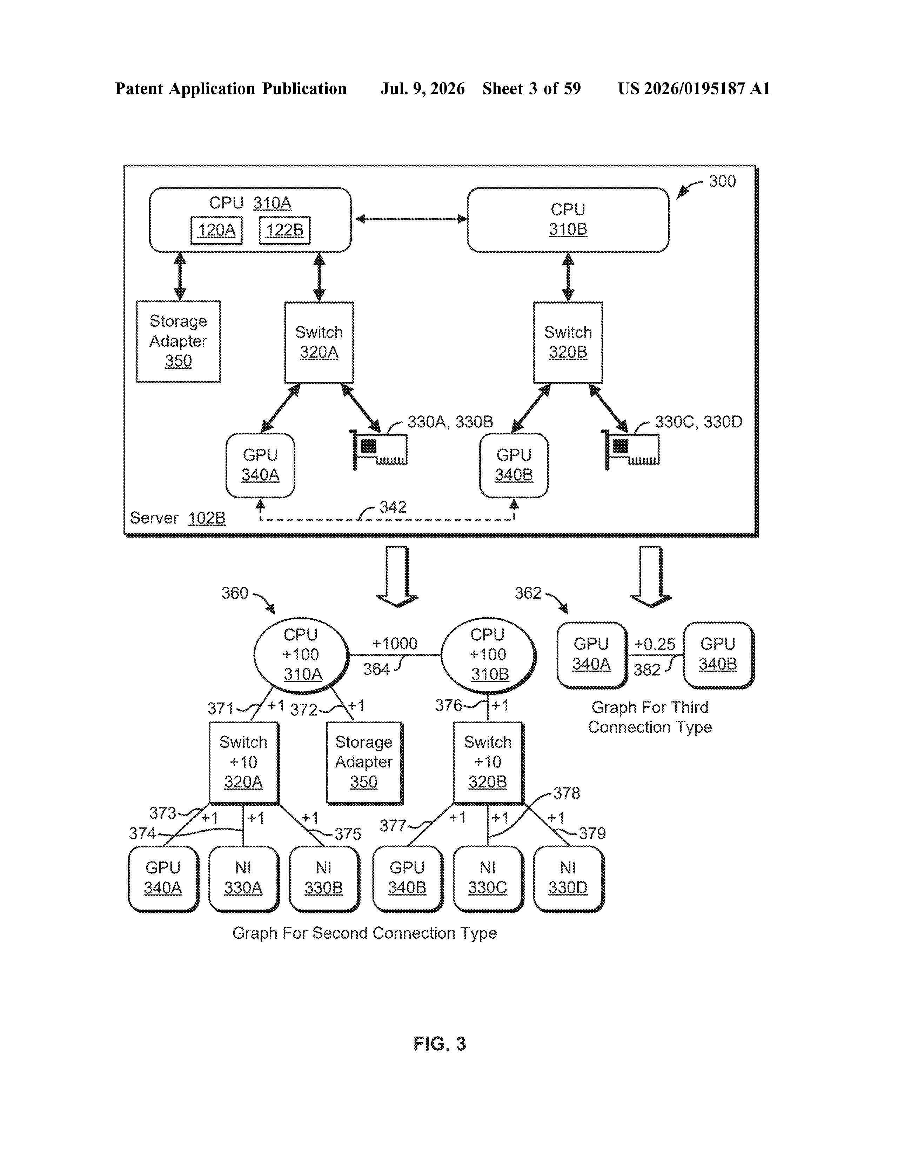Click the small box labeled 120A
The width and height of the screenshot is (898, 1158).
click(x=216, y=230)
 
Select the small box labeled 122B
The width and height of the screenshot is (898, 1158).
click(x=285, y=230)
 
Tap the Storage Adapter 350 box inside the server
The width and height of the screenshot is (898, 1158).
click(x=179, y=341)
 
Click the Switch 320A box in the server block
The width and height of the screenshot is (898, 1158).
click(x=319, y=342)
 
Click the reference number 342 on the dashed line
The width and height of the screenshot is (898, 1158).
click(x=393, y=507)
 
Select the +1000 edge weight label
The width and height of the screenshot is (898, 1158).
click(x=395, y=644)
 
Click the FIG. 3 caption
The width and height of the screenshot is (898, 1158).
click(x=440, y=1044)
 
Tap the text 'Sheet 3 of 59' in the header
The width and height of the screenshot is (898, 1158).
click(x=532, y=88)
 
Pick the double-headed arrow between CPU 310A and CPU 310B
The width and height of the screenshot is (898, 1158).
click(x=411, y=219)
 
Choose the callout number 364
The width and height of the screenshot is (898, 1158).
click(x=376, y=669)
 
